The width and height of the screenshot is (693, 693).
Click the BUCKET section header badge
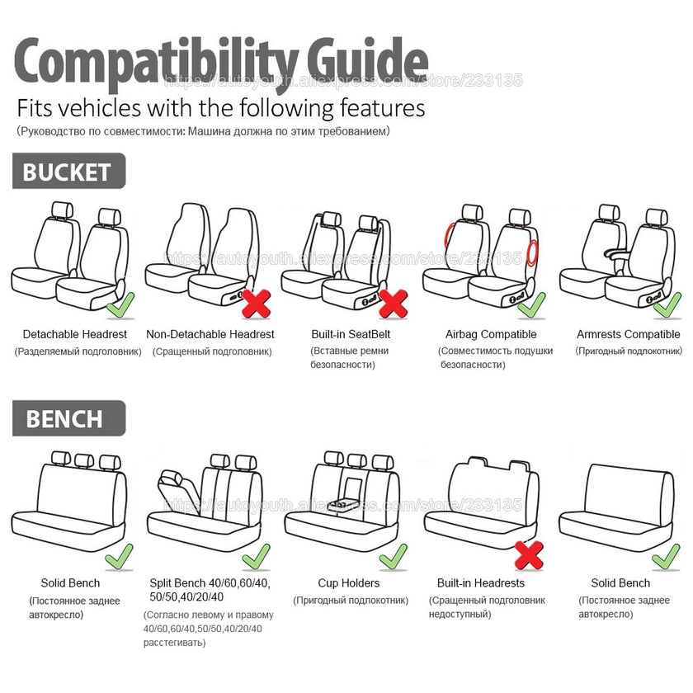(x=68, y=172)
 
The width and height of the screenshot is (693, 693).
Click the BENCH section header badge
(x=68, y=418)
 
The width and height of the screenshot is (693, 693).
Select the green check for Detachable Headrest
(x=120, y=306)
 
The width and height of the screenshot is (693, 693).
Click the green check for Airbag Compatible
(x=531, y=305)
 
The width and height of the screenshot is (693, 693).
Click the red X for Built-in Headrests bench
(x=529, y=554)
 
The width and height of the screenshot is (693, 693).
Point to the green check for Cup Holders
(x=393, y=558)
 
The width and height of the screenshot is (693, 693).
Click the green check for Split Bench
(x=257, y=557)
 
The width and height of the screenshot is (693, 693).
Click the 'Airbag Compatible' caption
(x=491, y=334)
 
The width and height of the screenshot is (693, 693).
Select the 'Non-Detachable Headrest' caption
(x=210, y=334)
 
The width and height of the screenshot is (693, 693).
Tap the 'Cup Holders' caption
(x=350, y=583)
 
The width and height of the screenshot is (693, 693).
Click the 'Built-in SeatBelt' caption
(x=351, y=334)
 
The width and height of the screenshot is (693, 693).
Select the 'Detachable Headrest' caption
(x=75, y=334)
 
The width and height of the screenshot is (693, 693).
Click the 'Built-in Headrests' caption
(x=480, y=583)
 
